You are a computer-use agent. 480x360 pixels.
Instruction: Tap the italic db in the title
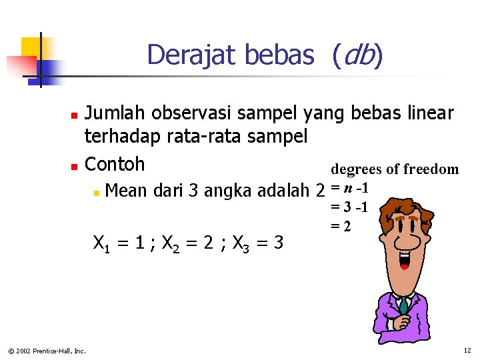point(356,55)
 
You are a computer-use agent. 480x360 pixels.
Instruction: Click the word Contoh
point(115,164)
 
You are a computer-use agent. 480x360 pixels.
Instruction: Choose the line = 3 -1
point(349,207)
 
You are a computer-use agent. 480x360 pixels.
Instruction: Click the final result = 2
point(341,226)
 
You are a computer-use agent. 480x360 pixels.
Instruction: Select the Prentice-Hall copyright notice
point(47,351)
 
